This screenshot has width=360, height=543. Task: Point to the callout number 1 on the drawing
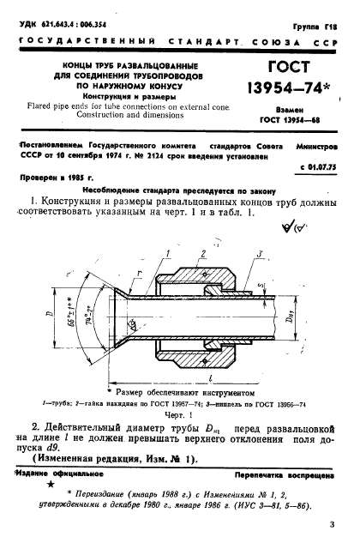pos(171,255)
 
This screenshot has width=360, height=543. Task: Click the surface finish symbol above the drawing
pos(303,226)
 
